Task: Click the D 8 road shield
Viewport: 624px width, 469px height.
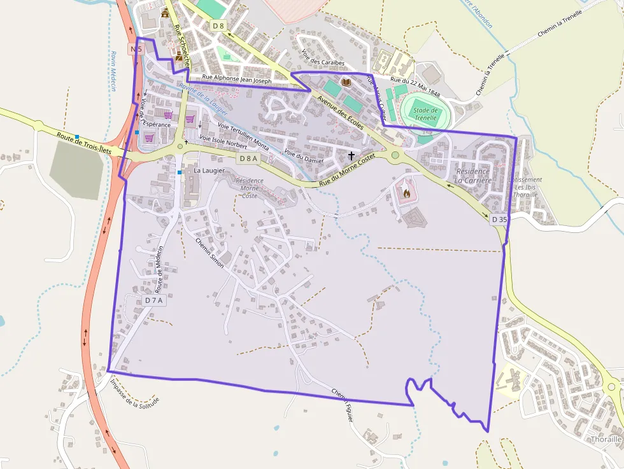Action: click(218, 25)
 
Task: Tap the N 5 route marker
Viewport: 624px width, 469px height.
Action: click(136, 48)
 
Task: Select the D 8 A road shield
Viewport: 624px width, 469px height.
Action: click(248, 158)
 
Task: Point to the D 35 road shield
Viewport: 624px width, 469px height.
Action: click(500, 220)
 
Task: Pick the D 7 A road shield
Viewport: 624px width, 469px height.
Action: click(154, 300)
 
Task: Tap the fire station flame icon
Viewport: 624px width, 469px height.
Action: click(406, 192)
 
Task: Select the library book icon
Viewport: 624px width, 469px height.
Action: click(346, 83)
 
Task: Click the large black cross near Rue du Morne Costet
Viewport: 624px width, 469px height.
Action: click(351, 155)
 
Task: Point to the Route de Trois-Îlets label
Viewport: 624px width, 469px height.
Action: click(84, 143)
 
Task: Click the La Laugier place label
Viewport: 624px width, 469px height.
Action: click(209, 171)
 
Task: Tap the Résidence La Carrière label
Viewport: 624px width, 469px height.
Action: click(472, 176)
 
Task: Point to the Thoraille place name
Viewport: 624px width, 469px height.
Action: click(606, 439)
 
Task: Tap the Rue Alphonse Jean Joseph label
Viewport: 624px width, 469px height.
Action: click(237, 81)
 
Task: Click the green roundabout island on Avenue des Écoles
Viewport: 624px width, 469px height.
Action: click(395, 155)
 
